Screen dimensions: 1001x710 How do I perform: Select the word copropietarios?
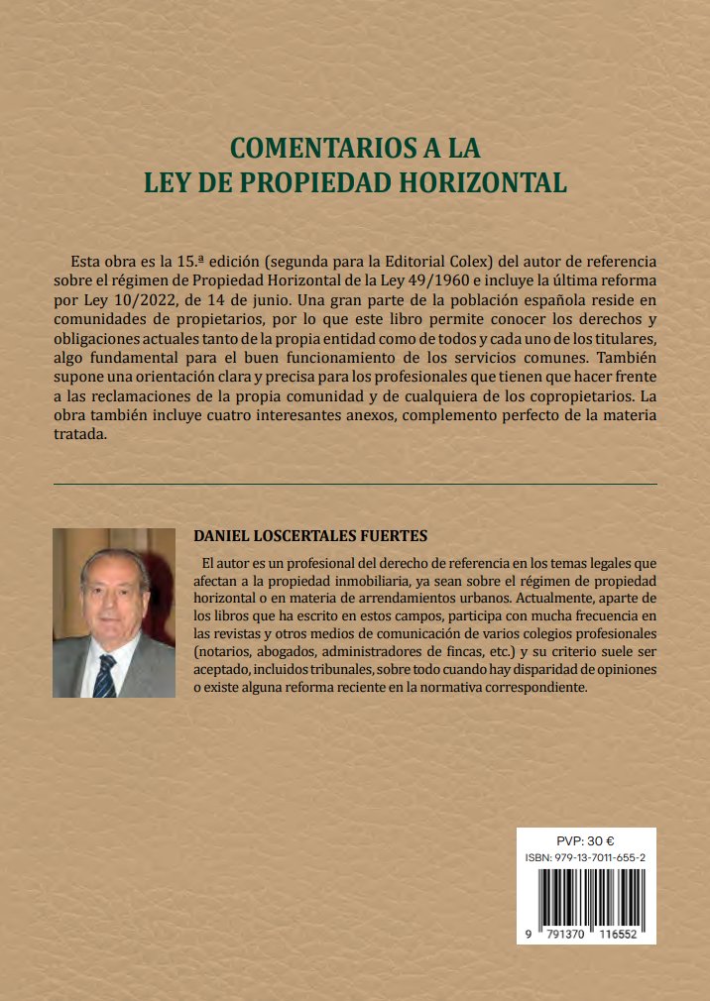pyautogui.click(x=553, y=396)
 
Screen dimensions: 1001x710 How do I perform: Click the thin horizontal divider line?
pyautogui.click(x=355, y=484)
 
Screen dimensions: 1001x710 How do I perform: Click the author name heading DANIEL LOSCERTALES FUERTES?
pyautogui.click(x=309, y=536)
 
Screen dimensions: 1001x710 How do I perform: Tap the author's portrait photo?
pyautogui.click(x=113, y=612)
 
